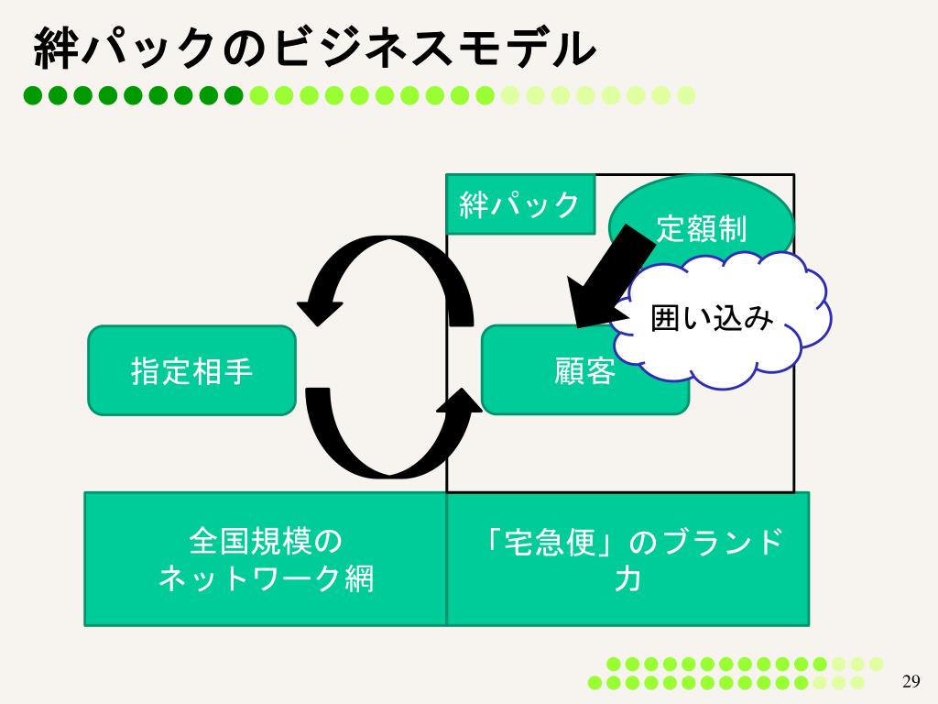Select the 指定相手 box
click(191, 370)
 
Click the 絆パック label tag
click(519, 204)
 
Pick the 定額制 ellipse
click(702, 225)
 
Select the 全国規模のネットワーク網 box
click(266, 559)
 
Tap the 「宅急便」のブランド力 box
click(627, 559)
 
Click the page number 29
click(911, 680)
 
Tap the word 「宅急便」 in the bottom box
click(551, 542)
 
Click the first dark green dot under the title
click(34, 93)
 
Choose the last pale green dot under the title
click(686, 93)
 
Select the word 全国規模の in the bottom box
click(266, 541)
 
